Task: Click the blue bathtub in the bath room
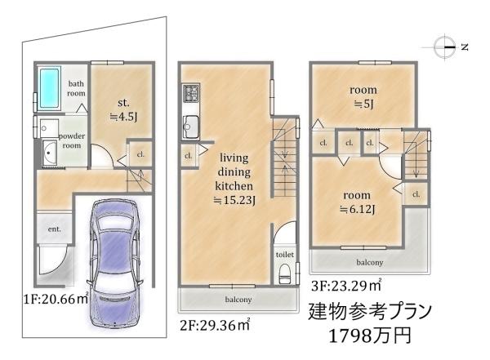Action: click(x=49, y=88)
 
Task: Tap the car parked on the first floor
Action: click(x=114, y=263)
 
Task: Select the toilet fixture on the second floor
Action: click(x=284, y=273)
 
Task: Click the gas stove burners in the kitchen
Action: click(x=190, y=92)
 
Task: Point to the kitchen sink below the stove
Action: click(x=190, y=126)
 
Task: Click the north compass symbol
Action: click(x=444, y=47)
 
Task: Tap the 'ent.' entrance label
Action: click(x=55, y=229)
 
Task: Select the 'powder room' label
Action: click(x=72, y=140)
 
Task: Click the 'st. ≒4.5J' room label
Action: click(x=123, y=109)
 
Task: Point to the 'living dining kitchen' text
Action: click(x=234, y=171)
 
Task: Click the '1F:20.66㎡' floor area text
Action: click(x=56, y=299)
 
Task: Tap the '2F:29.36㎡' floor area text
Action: click(x=215, y=325)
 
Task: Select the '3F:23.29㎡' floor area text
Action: click(x=346, y=285)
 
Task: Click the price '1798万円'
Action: click(x=370, y=336)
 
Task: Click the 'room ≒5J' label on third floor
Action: click(x=363, y=96)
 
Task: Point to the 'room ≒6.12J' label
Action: click(x=357, y=202)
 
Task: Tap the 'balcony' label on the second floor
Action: click(x=238, y=300)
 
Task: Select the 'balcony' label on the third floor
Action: click(x=369, y=262)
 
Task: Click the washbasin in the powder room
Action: click(x=49, y=153)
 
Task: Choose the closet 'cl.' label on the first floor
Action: click(x=140, y=154)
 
